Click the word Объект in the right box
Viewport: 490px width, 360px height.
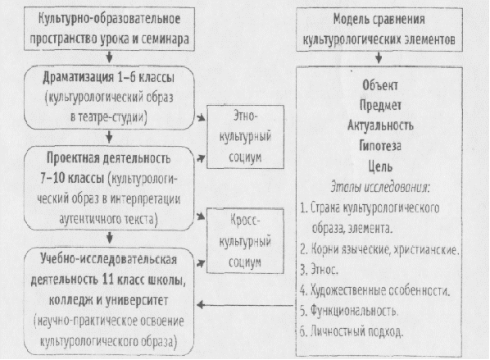(380, 85)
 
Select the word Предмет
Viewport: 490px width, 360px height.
(380, 105)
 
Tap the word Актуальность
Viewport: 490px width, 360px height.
(380, 125)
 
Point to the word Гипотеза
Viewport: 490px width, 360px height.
(380, 146)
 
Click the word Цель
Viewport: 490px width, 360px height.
(380, 166)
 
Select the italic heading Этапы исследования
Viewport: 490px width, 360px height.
(380, 187)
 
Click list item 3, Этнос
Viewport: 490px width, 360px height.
(319, 269)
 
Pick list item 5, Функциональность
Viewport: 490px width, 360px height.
(349, 311)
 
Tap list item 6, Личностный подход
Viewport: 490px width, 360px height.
(352, 331)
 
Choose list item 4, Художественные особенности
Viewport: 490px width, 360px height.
(375, 290)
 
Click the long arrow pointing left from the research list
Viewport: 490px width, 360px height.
(246, 305)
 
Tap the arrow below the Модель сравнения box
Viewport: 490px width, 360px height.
(379, 57)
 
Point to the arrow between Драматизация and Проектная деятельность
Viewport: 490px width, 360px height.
(109, 137)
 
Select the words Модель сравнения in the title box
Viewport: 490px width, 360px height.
(379, 19)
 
